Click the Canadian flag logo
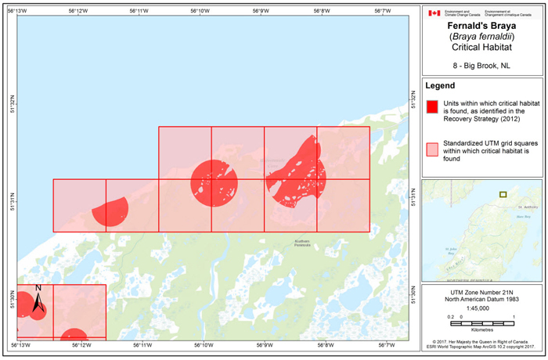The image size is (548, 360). pos(434,13)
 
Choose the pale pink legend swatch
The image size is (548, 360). pos(431,149)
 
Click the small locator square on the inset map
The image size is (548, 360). pos(503,195)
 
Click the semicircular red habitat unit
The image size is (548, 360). pos(110,213)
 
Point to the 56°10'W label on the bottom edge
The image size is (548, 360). pos(203,345)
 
